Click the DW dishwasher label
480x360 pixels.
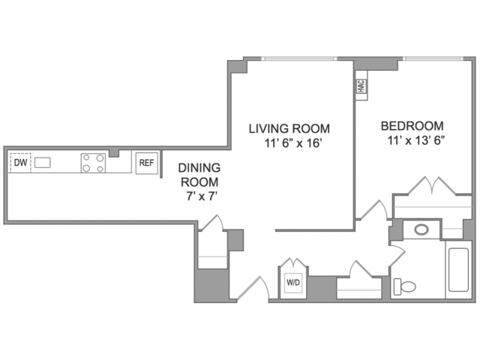21,163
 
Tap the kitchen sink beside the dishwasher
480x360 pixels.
42,163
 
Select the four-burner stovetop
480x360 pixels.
93,163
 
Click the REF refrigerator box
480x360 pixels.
147,163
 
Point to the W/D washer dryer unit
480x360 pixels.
293,283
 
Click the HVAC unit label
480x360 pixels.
361,86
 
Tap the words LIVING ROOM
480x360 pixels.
289,128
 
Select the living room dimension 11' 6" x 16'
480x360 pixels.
292,143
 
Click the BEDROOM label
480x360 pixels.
412,126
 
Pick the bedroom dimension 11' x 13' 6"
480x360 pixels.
415,140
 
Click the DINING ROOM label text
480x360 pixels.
199,175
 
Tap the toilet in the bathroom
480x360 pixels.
404,286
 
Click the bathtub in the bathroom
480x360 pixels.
458,270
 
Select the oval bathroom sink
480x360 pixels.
421,229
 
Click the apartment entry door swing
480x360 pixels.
253,288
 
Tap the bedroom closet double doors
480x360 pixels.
432,185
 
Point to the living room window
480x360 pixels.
299,58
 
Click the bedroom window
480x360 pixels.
433,58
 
